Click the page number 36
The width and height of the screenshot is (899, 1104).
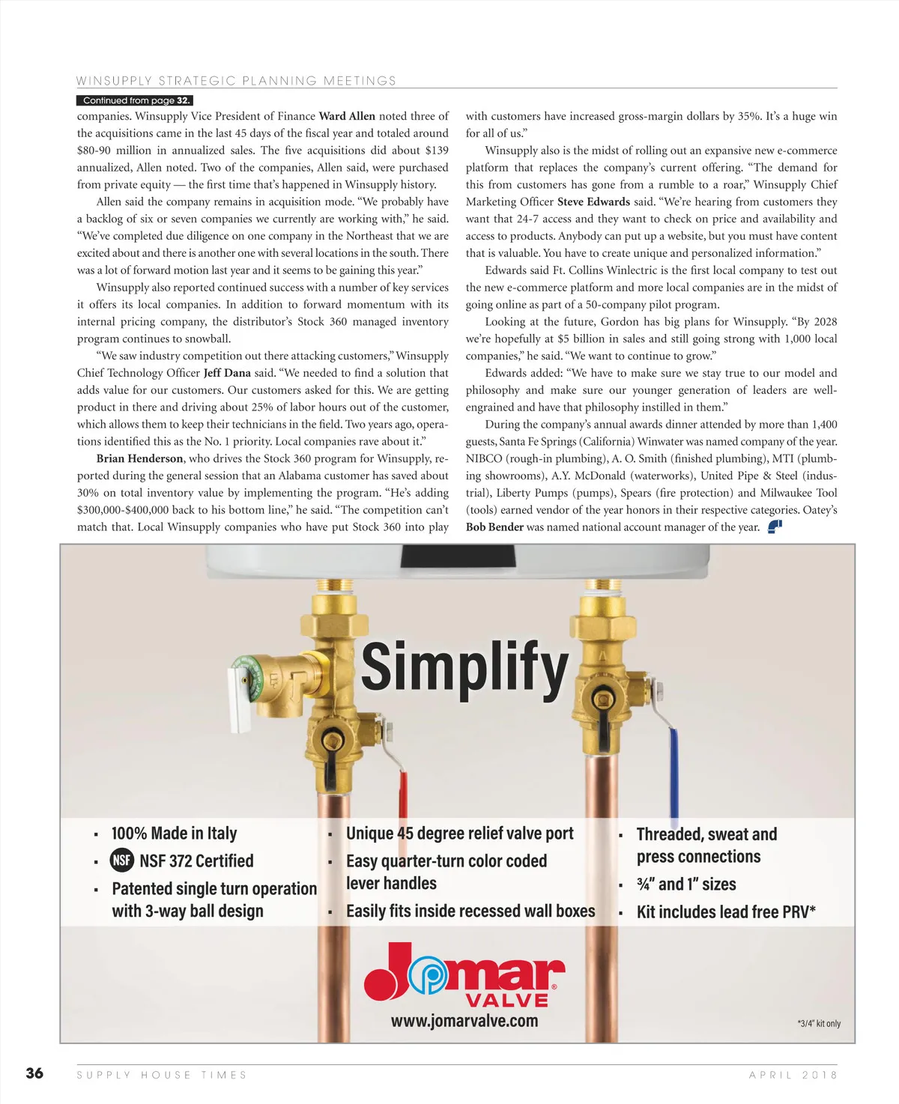click(x=34, y=1073)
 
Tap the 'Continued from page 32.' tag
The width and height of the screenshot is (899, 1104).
click(x=135, y=100)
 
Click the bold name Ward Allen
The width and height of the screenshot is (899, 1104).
click(x=347, y=116)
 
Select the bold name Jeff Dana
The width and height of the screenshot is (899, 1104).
click(x=227, y=373)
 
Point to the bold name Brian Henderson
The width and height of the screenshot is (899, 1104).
click(x=139, y=458)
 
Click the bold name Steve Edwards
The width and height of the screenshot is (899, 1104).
click(x=593, y=201)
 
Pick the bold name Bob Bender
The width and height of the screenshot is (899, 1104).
click(x=494, y=527)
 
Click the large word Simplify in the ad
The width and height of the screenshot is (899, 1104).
click(x=464, y=667)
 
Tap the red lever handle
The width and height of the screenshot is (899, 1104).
click(x=403, y=794)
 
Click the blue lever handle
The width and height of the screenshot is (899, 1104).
click(x=674, y=771)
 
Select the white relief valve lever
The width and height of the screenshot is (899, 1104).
click(x=239, y=700)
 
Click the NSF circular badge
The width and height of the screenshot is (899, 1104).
click(x=122, y=861)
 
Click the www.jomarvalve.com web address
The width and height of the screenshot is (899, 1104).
click(x=464, y=1021)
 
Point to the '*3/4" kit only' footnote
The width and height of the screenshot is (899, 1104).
click(x=818, y=1024)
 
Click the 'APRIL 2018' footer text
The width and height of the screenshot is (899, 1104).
click(x=793, y=1075)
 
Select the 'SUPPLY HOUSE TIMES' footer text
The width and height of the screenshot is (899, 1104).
click(x=162, y=1075)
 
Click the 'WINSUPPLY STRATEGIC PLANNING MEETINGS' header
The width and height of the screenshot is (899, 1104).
click(x=236, y=81)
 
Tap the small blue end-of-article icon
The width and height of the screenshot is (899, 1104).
click(x=775, y=527)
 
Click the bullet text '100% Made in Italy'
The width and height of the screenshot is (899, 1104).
click(x=174, y=834)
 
